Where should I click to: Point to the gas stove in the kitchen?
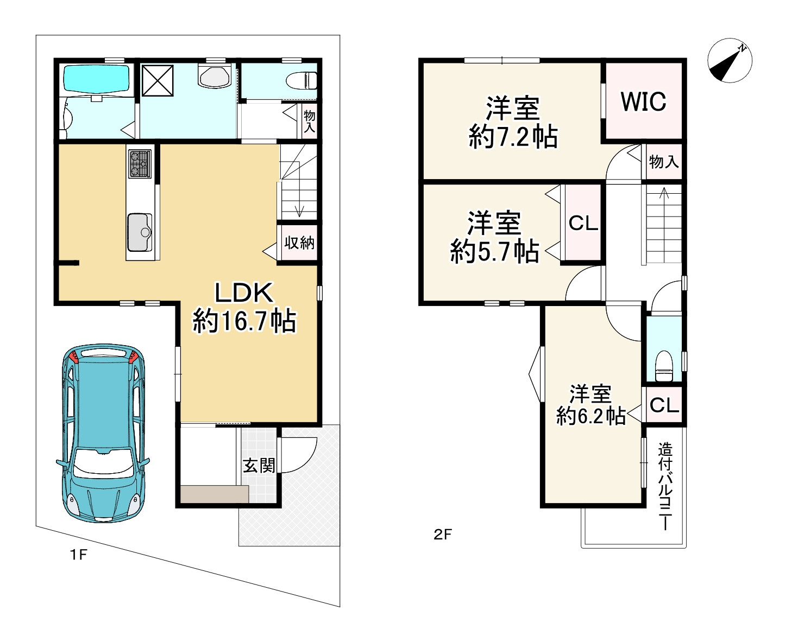pos(140,163)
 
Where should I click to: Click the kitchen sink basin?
pos(140,232)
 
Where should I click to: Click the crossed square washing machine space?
pos(158,80)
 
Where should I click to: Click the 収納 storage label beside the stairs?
pos(299,243)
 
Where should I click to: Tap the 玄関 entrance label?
pos(259,466)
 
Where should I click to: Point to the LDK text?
pos(244,292)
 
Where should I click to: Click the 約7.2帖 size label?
pos(513,137)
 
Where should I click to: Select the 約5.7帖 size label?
pos(495,251)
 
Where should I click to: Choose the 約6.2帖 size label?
pos(591,416)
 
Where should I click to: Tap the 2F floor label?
pos(443,534)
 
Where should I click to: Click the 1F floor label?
pos(78,555)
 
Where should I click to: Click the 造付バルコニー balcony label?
pos(665,487)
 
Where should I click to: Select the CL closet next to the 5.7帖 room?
pos(583,224)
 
